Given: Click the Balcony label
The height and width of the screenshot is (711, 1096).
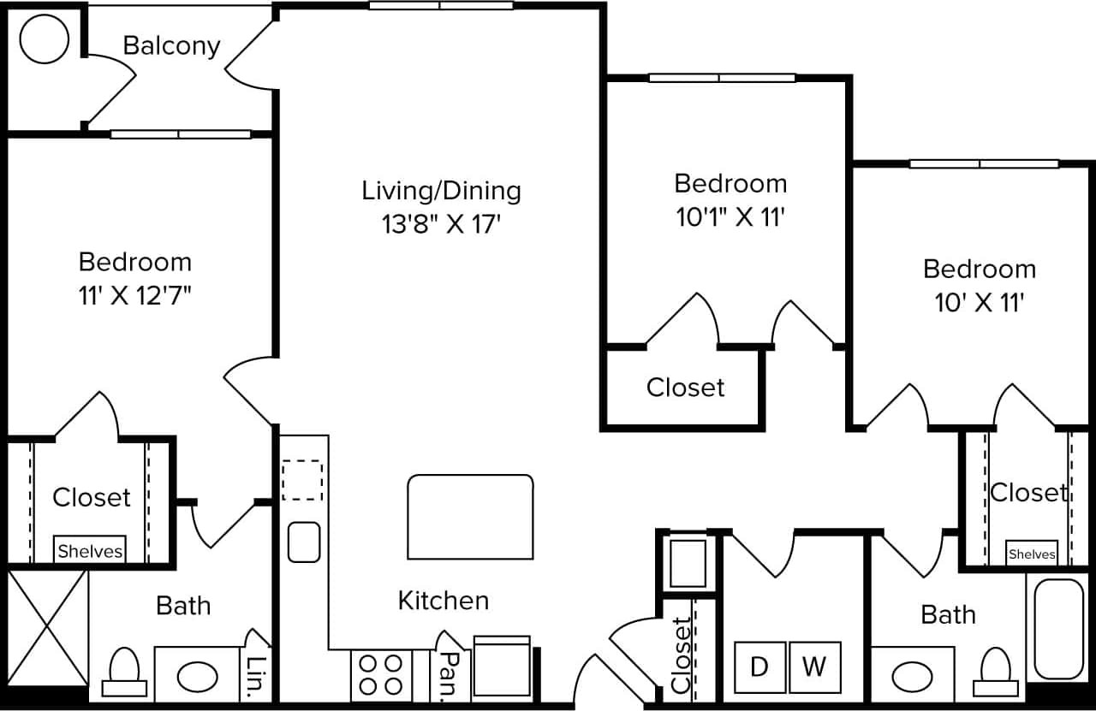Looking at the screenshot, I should (x=171, y=45).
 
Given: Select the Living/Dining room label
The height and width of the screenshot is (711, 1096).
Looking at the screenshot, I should (x=441, y=190).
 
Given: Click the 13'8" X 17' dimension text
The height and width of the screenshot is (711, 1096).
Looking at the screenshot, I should (x=441, y=224).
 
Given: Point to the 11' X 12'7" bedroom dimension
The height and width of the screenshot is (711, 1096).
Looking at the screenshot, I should (x=134, y=296).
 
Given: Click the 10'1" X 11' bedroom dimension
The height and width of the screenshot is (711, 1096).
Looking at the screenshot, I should (x=730, y=217).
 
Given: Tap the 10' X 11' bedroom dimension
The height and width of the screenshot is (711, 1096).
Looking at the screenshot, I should (x=980, y=303).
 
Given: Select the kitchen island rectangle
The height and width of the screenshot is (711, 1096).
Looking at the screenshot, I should (x=470, y=517).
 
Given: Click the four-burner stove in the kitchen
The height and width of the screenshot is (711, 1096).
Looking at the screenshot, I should (x=381, y=674).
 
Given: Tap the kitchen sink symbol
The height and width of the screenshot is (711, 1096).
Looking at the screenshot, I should (x=304, y=542).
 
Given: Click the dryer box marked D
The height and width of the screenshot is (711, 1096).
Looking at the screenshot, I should (x=759, y=667).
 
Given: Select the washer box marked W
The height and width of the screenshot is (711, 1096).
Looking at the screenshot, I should (x=814, y=667).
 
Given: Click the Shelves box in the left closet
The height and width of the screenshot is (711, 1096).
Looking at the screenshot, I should (x=90, y=551).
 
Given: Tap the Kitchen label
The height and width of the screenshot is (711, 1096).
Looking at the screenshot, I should (x=444, y=601).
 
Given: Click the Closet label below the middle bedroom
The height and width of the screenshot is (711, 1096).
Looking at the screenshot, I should (x=685, y=388).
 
